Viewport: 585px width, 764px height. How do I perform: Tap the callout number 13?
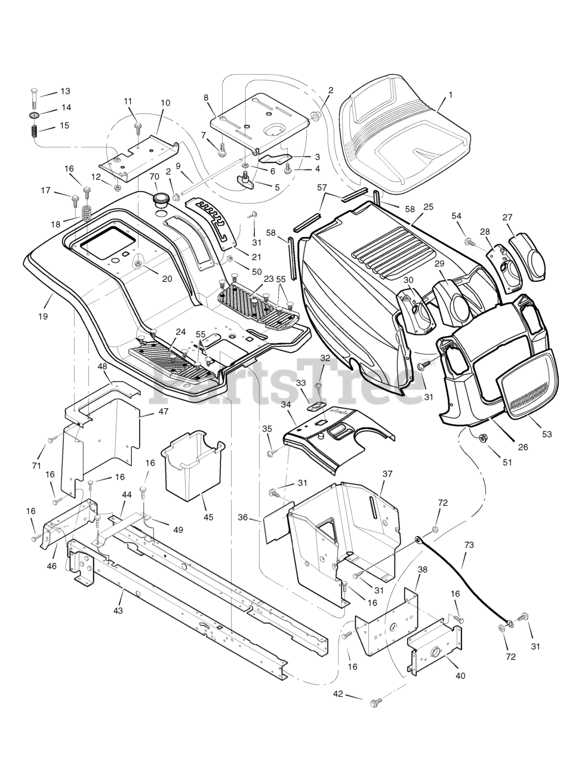(65, 91)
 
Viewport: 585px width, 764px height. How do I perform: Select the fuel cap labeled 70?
(161, 199)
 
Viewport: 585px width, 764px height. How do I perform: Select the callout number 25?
(428, 207)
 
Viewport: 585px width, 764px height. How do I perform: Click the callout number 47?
(163, 411)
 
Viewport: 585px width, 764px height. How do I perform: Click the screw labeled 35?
(270, 454)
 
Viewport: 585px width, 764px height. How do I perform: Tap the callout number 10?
(165, 103)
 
